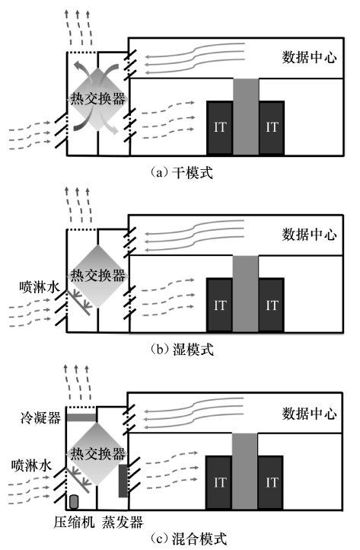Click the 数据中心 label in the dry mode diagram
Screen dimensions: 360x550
point(309,57)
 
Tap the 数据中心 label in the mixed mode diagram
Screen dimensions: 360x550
point(309,414)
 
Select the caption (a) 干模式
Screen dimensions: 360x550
point(182,173)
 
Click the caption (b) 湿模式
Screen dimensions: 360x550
point(182,350)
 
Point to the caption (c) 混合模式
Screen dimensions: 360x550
point(189,539)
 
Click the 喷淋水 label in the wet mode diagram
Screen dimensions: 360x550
point(40,287)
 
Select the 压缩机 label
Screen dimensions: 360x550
point(74,522)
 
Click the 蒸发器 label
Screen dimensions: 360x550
point(123,522)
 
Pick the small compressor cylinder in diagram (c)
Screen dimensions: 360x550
point(74,502)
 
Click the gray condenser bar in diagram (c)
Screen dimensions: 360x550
point(81,417)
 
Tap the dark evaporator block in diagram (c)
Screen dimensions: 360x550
point(123,481)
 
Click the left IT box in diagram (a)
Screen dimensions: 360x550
point(220,128)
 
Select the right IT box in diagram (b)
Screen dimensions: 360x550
point(271,305)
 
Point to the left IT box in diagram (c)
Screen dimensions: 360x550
point(218,482)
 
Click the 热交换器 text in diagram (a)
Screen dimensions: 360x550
point(97,98)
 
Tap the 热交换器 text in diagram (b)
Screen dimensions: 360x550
point(97,275)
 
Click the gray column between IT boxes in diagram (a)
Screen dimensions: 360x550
point(246,117)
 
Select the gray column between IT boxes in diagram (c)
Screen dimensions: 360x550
point(244,471)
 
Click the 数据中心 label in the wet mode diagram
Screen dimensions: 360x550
point(309,235)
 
